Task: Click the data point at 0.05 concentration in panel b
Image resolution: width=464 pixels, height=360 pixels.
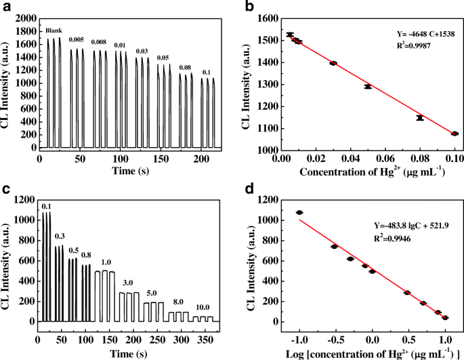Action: tap(368, 87)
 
